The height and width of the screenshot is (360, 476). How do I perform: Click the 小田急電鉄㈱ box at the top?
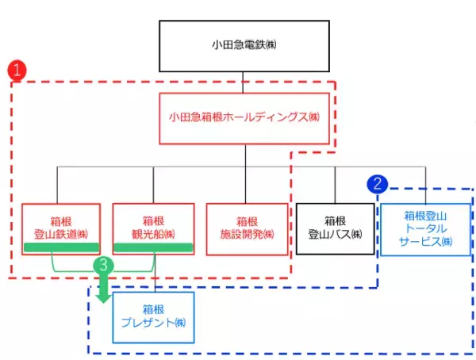tap(245, 46)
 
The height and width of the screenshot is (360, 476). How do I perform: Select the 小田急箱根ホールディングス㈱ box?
tap(245, 118)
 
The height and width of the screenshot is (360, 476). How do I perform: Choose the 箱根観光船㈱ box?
tap(153, 228)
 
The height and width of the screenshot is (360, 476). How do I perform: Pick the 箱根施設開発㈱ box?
tap(245, 228)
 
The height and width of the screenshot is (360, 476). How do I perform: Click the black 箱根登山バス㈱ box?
tap(334, 228)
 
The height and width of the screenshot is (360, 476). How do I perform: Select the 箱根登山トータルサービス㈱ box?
tap(426, 228)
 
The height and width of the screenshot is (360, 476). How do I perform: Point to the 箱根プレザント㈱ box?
tap(154, 316)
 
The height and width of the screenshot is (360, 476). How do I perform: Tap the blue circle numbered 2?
tap(378, 184)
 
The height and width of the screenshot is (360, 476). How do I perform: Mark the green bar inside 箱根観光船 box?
tap(153, 248)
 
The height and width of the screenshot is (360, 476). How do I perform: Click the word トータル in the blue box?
tap(426, 228)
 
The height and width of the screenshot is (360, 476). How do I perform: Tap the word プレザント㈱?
tap(154, 324)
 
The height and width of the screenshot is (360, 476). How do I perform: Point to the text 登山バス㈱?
tap(334, 235)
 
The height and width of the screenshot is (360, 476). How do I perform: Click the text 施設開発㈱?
tap(245, 235)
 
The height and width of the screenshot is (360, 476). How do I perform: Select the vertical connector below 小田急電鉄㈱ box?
tap(245, 82)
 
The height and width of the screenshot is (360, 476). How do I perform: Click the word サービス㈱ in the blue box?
tap(426, 241)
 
